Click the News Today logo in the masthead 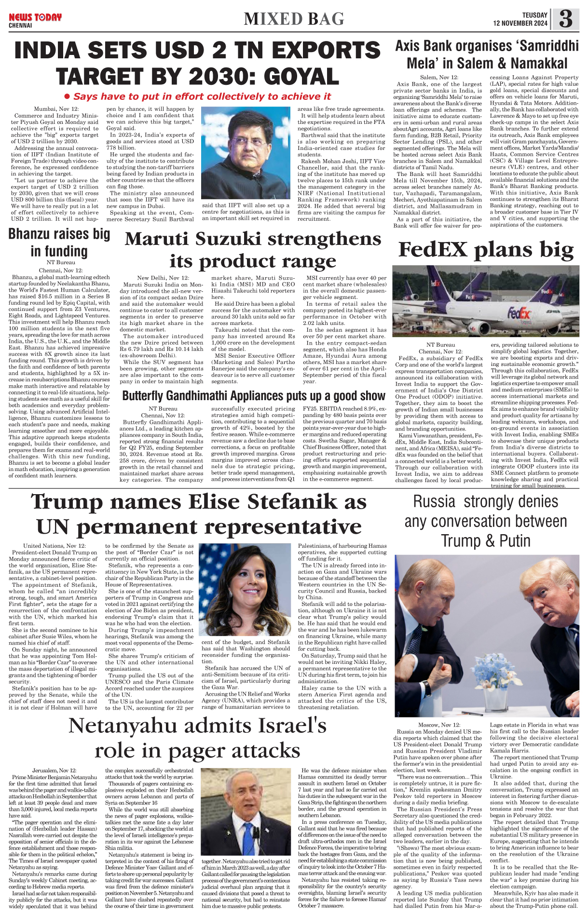click(35, 18)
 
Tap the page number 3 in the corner click(566, 20)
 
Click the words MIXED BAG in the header click(294, 19)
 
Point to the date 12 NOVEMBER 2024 click(520, 24)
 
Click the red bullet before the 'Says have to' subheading click(67, 96)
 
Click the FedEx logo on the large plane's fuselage click(519, 314)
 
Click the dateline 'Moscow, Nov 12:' click(439, 725)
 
